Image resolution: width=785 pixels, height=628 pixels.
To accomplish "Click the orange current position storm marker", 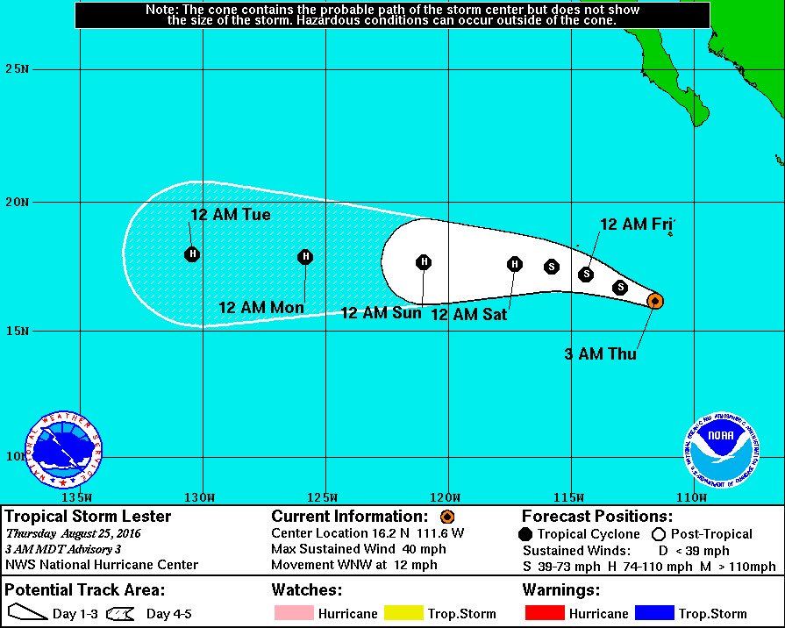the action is tap(654, 301).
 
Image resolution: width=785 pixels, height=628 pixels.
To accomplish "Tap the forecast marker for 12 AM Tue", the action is tap(192, 254).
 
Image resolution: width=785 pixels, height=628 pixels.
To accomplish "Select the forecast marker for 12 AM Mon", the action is tap(305, 257).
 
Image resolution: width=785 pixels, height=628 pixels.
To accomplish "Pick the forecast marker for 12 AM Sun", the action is tap(424, 262).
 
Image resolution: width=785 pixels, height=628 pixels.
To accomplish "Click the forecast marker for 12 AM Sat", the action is tap(515, 264).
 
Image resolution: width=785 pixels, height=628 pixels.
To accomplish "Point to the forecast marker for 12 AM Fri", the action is tap(586, 275).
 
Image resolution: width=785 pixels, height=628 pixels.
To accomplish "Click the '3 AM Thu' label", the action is tap(601, 354).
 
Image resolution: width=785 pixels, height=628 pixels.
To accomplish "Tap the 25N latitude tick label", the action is tap(17, 68).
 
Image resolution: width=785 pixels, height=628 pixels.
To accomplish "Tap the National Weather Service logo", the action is tap(63, 451).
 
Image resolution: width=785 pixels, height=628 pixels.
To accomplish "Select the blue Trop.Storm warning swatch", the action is tap(651, 613).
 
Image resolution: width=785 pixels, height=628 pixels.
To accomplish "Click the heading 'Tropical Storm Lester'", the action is tap(89, 517).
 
